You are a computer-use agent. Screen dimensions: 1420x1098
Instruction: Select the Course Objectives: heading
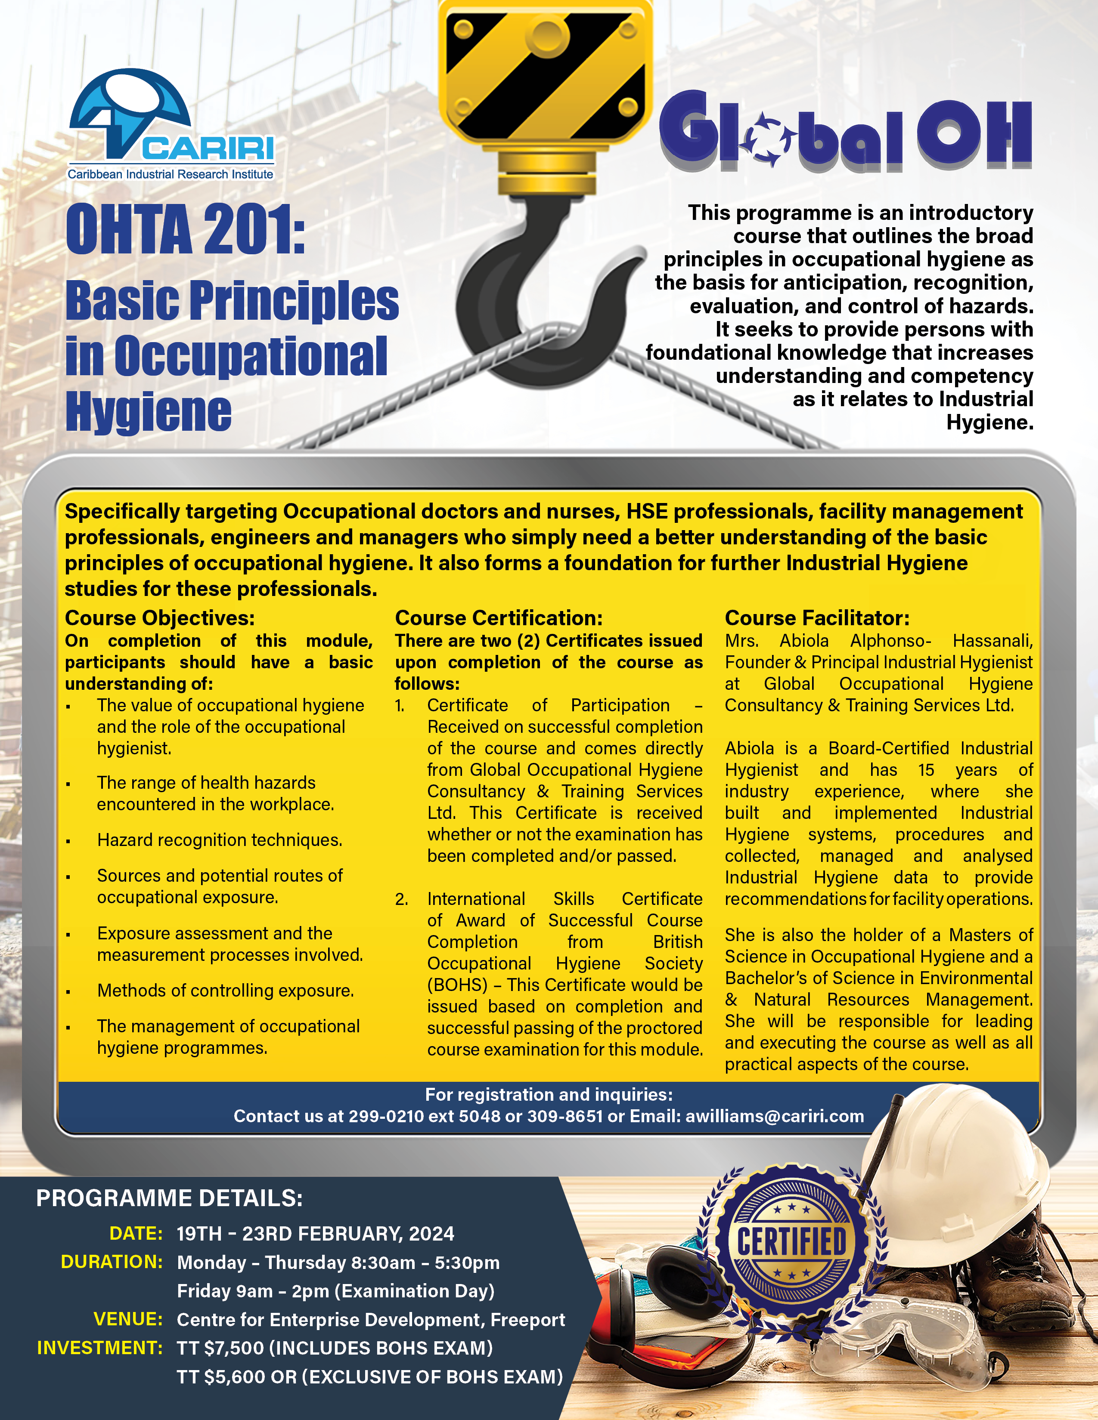159,617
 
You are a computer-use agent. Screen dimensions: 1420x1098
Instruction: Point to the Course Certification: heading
498,617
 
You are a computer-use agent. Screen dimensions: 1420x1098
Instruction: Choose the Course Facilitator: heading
817,617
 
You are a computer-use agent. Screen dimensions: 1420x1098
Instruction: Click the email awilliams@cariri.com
774,1116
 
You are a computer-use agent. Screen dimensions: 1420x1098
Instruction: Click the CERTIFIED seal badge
791,1242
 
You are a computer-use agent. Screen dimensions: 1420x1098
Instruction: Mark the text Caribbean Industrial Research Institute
171,174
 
